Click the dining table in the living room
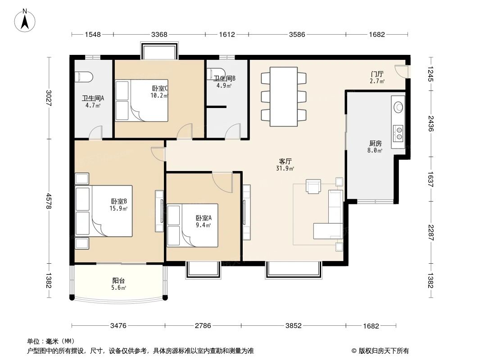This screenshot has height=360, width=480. click(x=283, y=96)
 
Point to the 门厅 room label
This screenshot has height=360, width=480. click(x=377, y=74)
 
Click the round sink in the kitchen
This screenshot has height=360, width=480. click(x=398, y=107)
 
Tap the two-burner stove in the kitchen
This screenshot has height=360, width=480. click(x=398, y=132)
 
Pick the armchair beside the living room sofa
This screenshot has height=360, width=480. click(x=313, y=186)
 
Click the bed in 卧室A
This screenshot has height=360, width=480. click(x=192, y=225)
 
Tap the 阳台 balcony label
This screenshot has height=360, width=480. click(x=118, y=281)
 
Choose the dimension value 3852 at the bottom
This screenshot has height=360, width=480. click(x=293, y=325)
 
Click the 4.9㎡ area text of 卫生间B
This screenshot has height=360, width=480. click(x=224, y=85)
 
